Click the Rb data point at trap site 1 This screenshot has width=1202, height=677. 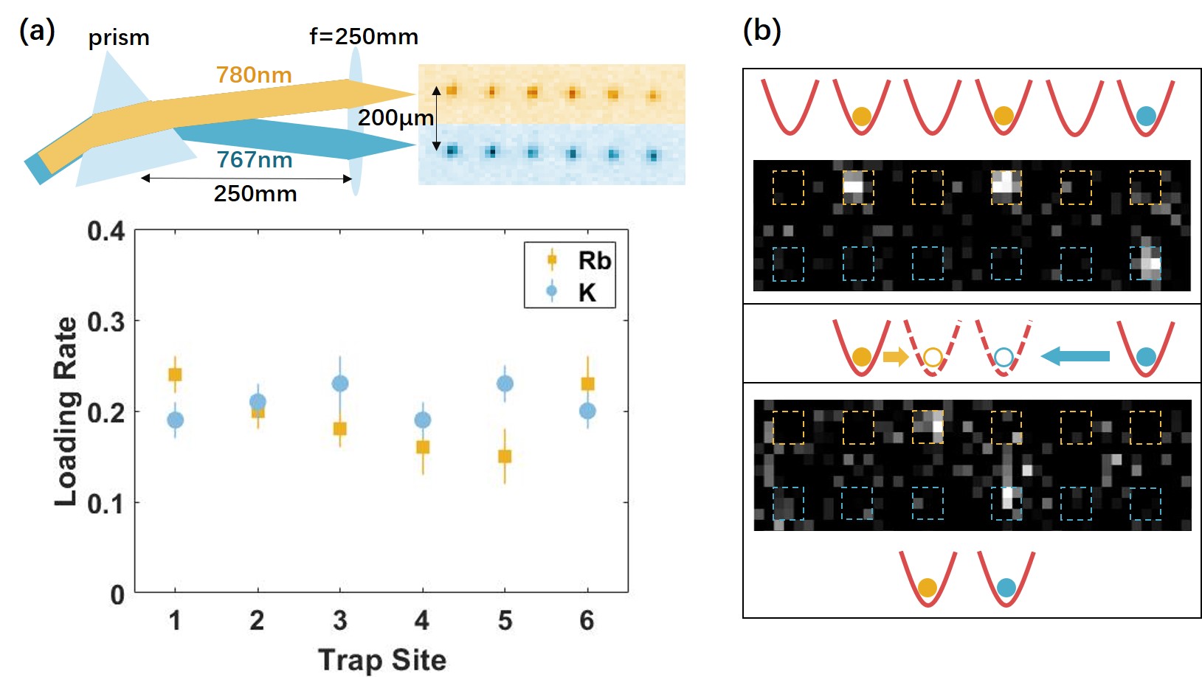tap(175, 375)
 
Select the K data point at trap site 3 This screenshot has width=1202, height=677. tap(340, 383)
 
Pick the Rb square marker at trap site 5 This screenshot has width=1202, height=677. tap(505, 456)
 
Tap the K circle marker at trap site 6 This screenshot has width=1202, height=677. tap(587, 411)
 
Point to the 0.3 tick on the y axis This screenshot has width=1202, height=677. tap(106, 322)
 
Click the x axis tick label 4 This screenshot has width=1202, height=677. tap(422, 621)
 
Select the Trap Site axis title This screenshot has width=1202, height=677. tap(382, 660)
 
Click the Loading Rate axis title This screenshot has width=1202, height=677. tap(66, 412)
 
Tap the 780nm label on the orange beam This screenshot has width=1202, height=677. tap(254, 75)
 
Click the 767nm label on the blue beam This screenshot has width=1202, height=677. tap(255, 160)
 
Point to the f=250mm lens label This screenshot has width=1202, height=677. tap(364, 37)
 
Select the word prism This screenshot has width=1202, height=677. tap(119, 38)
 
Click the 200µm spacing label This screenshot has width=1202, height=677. tap(396, 118)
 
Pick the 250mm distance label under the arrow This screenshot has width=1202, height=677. tap(255, 194)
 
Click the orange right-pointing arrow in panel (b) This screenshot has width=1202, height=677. tap(895, 357)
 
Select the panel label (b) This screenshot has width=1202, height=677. tap(761, 31)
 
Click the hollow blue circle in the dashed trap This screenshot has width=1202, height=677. tap(1004, 358)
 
